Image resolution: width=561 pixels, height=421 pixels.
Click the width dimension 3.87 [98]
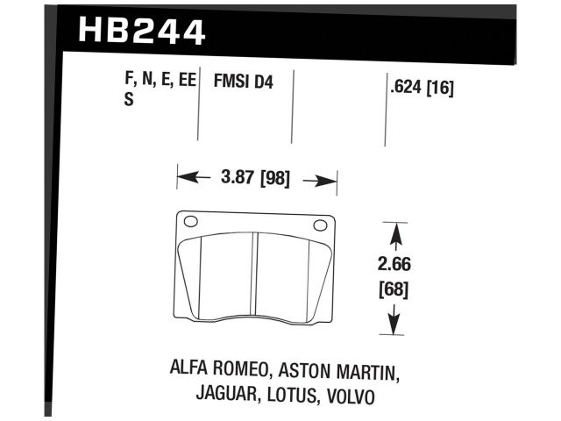click(x=258, y=178)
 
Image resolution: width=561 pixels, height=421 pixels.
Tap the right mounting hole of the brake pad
click(x=320, y=225)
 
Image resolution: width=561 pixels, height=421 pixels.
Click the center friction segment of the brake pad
click(x=256, y=276)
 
